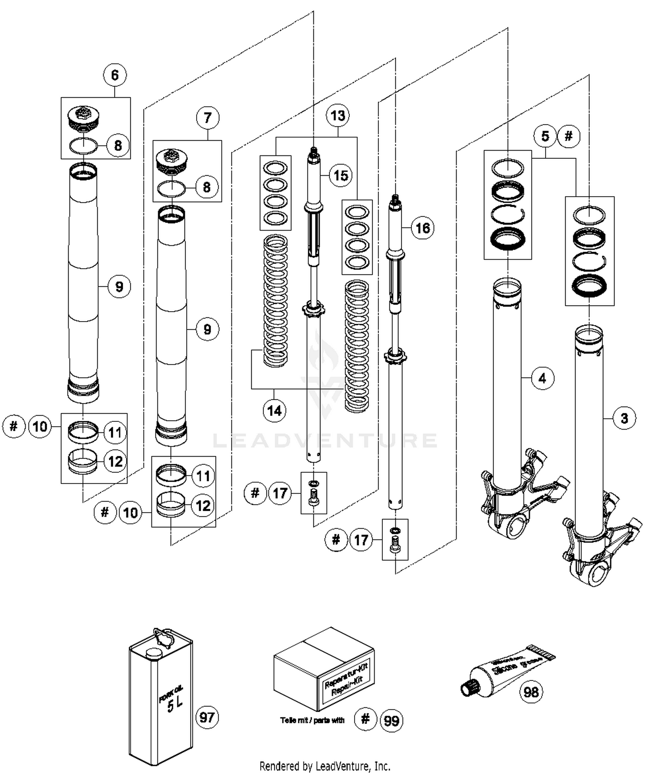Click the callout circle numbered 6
coord(115,75)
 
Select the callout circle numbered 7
coord(207,118)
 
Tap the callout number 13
coord(338,115)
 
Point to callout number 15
coord(341,175)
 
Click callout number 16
coord(422,228)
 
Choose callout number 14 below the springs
coord(274,410)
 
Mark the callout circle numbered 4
coord(542,378)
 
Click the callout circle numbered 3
coord(624,418)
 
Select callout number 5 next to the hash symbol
coord(545,136)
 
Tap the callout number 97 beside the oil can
coord(207,717)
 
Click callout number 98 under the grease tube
coord(531,692)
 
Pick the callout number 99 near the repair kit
coord(391,721)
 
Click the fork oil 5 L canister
coord(161,699)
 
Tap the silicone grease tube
coord(506,671)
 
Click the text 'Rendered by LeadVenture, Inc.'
coord(325,766)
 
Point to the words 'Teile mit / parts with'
coord(312,720)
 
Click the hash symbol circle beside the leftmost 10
coord(14,426)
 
